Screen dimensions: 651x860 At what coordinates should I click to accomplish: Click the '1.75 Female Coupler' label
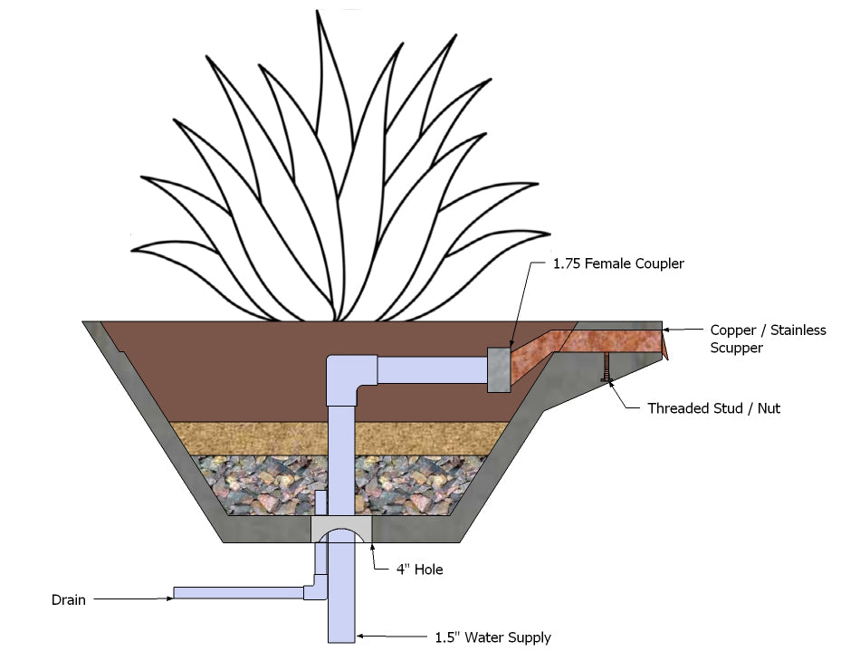tap(619, 264)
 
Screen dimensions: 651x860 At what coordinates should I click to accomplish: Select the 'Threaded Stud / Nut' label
tap(713, 408)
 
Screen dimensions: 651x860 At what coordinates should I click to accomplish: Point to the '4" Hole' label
tap(418, 570)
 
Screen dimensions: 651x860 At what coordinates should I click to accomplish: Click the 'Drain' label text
tap(68, 599)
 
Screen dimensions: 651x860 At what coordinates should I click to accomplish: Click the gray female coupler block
tap(499, 369)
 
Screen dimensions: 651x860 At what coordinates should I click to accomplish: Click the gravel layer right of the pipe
tap(416, 484)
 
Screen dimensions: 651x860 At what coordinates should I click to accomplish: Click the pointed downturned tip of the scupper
tap(665, 348)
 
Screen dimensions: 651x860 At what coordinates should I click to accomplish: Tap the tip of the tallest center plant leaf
tap(318, 13)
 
